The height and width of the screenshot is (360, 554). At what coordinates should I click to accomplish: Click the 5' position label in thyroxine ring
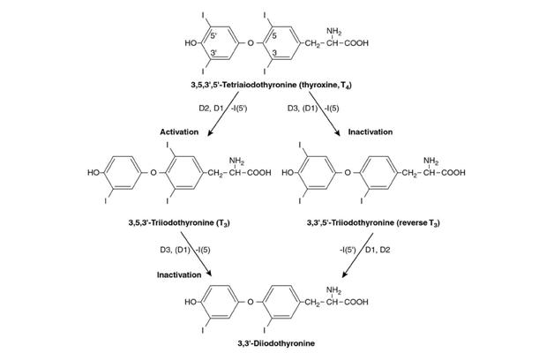point(213,33)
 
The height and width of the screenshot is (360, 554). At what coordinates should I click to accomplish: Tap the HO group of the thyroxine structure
point(190,42)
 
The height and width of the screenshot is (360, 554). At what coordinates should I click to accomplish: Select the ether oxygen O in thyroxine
point(251,42)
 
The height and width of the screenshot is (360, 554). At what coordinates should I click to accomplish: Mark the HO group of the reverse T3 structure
point(288,173)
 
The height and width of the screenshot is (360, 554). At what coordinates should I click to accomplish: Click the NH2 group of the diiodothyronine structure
point(333,289)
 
